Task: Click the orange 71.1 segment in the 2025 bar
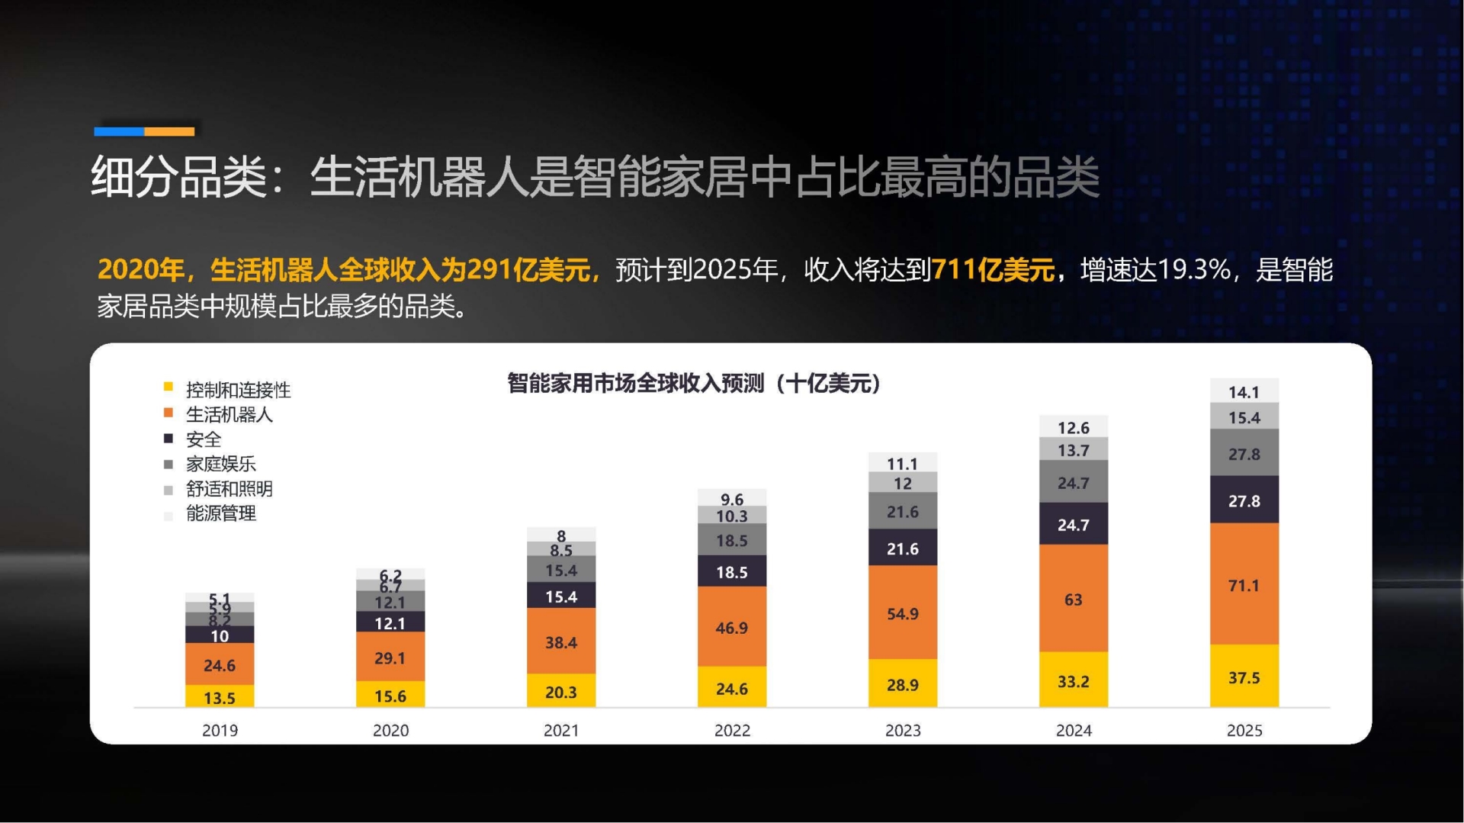[x=1244, y=584]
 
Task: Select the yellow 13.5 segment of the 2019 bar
[x=220, y=697]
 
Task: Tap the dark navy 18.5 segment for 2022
[x=731, y=571]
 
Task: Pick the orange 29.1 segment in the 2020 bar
[x=390, y=657]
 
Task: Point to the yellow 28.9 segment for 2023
[x=902, y=684]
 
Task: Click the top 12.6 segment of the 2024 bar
[x=1073, y=427]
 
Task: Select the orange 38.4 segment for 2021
[x=560, y=641]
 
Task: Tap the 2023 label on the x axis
[x=903, y=730]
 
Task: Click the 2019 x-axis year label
[x=220, y=730]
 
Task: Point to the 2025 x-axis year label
[x=1244, y=730]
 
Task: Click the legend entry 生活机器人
[x=229, y=414]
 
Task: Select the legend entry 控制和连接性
[x=238, y=390]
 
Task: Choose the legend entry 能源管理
[x=220, y=513]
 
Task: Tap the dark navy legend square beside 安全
[x=169, y=439]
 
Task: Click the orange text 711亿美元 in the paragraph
[x=993, y=269]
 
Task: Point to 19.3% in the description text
[x=1193, y=269]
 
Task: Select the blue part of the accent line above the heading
[x=119, y=131]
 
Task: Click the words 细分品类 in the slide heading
[x=178, y=177]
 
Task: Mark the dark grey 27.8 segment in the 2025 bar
[x=1244, y=453]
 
